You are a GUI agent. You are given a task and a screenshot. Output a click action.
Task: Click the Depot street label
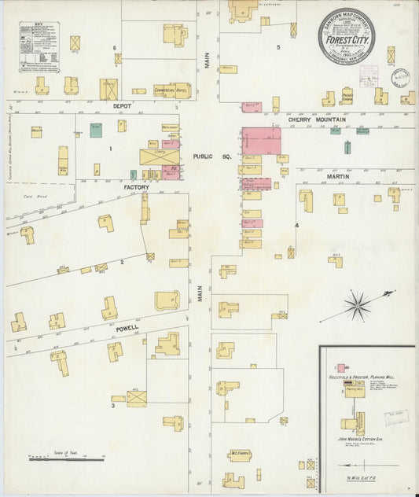(122, 105)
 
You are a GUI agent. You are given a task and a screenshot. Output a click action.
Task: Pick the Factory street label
(136, 189)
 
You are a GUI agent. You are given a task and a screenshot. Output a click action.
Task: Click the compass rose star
(358, 303)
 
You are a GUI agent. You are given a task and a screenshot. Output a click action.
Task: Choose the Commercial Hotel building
(171, 90)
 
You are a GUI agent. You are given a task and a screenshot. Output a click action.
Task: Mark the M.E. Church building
(240, 455)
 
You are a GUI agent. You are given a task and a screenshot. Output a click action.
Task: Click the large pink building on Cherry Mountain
(261, 142)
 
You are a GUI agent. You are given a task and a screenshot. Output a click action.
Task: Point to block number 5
(278, 48)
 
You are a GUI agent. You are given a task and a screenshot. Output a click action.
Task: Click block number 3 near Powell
(113, 407)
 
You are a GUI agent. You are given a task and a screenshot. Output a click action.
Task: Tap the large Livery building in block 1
(158, 156)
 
